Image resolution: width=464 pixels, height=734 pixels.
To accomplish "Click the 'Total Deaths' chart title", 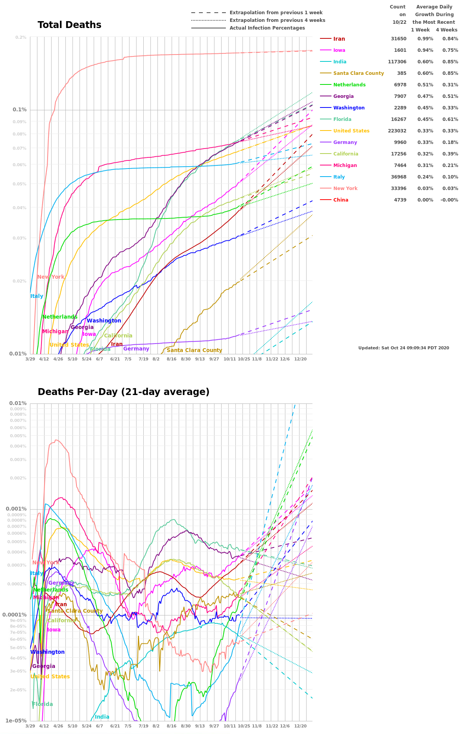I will point(70,25).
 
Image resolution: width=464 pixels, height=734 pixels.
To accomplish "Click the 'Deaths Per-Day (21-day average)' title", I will point(123,392).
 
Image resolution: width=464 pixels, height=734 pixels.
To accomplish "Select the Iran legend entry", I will point(339,39).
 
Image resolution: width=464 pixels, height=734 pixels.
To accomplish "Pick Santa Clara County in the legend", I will point(358,73).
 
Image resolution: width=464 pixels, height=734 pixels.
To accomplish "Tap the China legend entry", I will point(341,200).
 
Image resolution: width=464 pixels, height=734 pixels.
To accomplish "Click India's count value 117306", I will point(397,62).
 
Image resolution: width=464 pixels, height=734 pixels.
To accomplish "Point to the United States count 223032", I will point(397,131).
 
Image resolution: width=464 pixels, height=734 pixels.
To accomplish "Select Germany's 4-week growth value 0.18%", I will point(450,142).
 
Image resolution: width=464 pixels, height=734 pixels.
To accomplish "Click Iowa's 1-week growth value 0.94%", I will point(425,50).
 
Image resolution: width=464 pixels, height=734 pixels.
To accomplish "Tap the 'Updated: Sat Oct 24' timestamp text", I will point(403,348).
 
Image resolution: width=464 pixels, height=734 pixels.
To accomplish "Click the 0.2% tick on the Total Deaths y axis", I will point(21,37).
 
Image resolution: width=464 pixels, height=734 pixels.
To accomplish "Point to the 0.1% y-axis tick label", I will point(20,110).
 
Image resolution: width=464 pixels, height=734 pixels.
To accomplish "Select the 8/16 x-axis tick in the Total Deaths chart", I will point(171,359).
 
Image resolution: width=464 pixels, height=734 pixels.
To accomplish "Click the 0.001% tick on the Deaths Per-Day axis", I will point(16,509).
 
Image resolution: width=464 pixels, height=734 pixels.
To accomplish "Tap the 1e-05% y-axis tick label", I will point(16,721).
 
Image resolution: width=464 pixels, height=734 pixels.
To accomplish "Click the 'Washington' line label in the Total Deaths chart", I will point(104,321).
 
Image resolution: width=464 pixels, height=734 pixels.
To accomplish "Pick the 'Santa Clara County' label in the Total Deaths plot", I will point(194,350).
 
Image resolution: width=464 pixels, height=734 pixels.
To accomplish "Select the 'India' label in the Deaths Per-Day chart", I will point(102,717).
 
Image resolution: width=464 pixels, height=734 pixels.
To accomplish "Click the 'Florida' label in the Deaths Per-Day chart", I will point(43,704).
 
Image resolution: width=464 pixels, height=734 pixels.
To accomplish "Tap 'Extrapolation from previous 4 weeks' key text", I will point(277,20).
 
